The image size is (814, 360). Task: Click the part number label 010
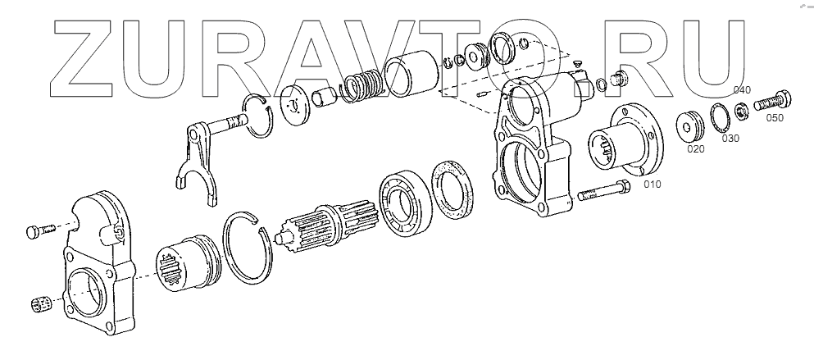coord(652,184)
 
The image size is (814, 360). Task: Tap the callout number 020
coord(696,149)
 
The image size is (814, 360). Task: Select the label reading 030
coord(730,139)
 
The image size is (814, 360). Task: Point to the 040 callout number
coord(742,90)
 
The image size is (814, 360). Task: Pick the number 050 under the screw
coord(775,118)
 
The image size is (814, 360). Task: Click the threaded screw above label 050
coord(772,100)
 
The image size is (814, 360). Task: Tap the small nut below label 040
coord(741,112)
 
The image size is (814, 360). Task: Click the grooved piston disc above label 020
coord(690,125)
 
